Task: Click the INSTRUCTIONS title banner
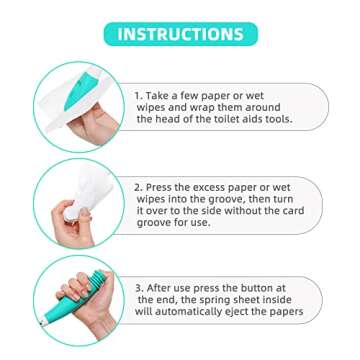click(x=180, y=34)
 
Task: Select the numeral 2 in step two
click(x=138, y=187)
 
